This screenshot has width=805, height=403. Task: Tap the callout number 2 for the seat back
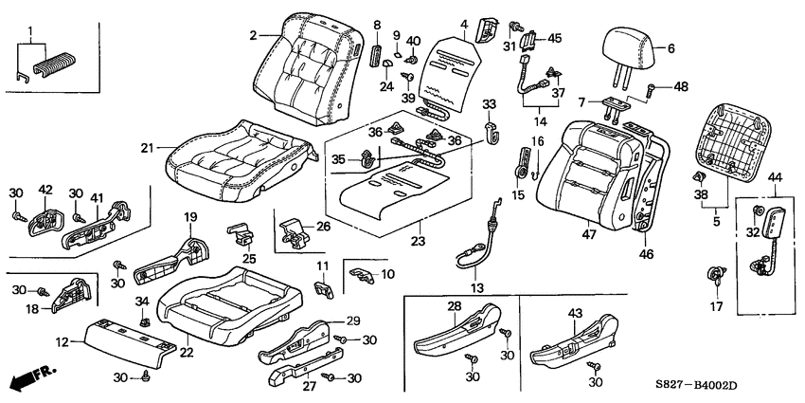tap(254, 36)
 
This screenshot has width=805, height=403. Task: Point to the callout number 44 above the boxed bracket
tap(773, 177)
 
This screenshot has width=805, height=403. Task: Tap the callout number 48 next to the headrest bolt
tap(681, 88)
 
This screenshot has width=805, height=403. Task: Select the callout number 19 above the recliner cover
tap(189, 218)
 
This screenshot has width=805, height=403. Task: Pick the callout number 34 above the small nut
tap(143, 302)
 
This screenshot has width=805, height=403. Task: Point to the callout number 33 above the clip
tap(491, 102)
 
